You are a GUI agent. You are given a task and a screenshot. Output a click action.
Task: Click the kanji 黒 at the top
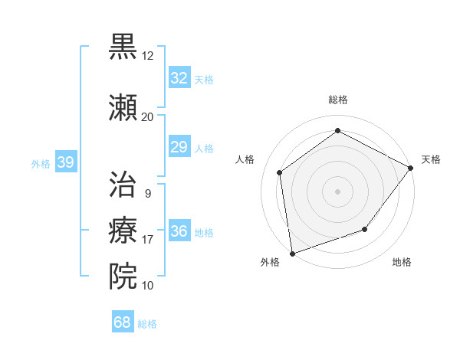(x=123, y=47)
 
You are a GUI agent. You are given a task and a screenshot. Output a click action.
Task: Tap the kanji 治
(x=123, y=184)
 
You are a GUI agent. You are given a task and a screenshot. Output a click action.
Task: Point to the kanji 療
(x=123, y=231)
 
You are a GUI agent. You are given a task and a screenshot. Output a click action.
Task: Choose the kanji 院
(x=123, y=276)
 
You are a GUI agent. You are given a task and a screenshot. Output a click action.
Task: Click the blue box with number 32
(x=179, y=78)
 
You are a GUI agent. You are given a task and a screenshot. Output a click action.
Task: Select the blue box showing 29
(x=179, y=147)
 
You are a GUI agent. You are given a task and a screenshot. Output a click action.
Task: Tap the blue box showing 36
(x=179, y=231)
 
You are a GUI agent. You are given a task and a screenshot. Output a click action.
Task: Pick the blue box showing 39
(x=65, y=162)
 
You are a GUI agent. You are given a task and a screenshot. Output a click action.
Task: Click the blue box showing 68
(x=123, y=322)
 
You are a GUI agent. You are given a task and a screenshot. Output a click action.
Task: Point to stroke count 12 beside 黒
(x=148, y=56)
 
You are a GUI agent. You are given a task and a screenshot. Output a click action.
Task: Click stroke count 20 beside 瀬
(x=148, y=116)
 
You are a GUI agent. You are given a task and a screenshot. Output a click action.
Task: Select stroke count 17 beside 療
(x=148, y=240)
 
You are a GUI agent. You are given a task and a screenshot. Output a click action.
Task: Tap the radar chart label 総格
(x=338, y=100)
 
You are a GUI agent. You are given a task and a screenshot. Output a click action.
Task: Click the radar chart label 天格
(x=431, y=159)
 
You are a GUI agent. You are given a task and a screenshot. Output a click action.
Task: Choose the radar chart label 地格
(x=402, y=263)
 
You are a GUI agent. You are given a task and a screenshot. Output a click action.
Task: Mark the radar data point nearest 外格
(x=292, y=253)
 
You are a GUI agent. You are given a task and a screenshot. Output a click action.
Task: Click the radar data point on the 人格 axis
(x=280, y=172)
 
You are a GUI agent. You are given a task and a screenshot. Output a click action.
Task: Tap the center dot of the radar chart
(x=338, y=191)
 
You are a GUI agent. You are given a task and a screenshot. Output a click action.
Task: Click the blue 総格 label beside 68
(x=147, y=324)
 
